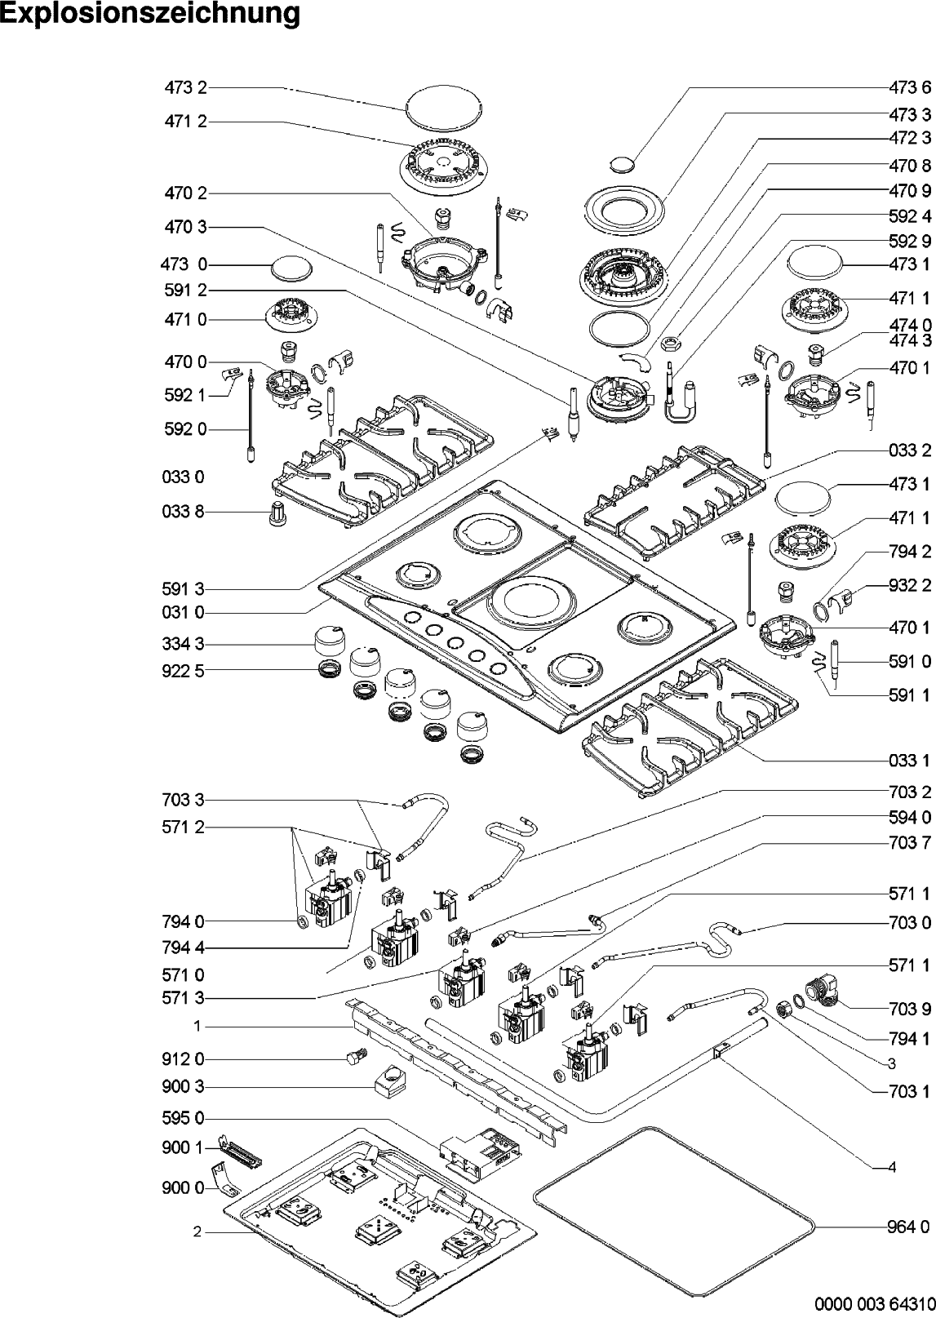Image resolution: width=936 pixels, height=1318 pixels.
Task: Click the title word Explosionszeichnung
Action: tap(150, 14)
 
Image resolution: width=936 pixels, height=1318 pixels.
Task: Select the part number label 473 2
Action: tap(185, 88)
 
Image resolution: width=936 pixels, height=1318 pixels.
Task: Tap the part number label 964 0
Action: tap(909, 1226)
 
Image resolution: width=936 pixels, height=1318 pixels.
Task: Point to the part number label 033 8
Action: tap(183, 513)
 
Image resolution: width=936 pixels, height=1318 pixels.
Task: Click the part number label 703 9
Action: tap(909, 1009)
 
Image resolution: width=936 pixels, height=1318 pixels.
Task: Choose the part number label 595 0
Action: tap(183, 1118)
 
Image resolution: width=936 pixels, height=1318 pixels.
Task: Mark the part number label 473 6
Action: tap(909, 88)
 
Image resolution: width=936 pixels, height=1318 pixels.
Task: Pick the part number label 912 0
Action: tap(183, 1059)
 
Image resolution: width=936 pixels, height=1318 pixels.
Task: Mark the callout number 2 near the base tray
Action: tap(197, 1232)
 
